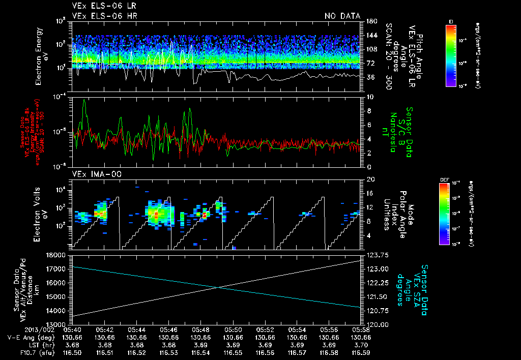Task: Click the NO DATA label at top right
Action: (x=342, y=16)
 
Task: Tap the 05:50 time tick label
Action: (x=233, y=329)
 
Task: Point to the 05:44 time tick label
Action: (x=136, y=329)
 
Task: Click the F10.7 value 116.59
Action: (x=361, y=352)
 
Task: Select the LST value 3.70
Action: (x=361, y=345)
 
